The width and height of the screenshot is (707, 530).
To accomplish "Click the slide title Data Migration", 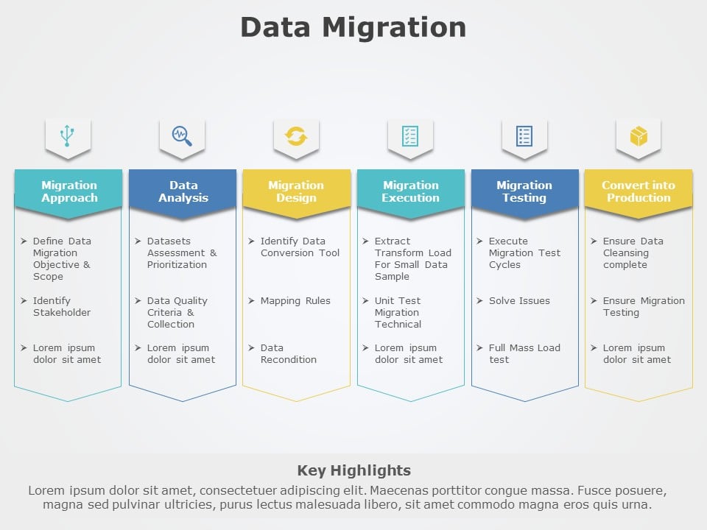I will (353, 27).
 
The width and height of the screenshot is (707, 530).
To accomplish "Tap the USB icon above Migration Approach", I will (68, 135).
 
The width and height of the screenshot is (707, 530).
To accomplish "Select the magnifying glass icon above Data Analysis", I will (182, 135).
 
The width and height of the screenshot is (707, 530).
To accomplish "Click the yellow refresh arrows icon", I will (296, 136).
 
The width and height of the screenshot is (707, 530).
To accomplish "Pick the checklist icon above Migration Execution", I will (410, 136).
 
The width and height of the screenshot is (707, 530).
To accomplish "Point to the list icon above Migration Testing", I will (524, 136).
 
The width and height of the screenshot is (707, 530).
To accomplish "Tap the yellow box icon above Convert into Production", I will (639, 136).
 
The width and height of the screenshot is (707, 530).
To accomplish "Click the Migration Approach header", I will (68, 191).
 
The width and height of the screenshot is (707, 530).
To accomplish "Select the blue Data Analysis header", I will (183, 191).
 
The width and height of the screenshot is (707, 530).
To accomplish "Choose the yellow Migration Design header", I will (296, 191).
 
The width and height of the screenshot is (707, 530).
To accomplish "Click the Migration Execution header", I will (410, 191).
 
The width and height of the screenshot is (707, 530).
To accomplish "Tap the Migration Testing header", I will (524, 191).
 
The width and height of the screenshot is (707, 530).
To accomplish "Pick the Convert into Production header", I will (639, 191).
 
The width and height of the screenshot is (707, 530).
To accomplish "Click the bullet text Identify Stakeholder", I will (62, 306).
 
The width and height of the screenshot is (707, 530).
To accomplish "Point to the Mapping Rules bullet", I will (295, 300).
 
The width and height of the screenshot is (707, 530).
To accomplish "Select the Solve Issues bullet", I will (519, 300).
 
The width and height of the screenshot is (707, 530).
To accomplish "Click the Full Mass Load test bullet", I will (524, 353).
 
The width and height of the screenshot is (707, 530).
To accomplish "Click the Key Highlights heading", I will (353, 470).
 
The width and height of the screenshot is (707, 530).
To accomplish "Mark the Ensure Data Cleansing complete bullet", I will (633, 252).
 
